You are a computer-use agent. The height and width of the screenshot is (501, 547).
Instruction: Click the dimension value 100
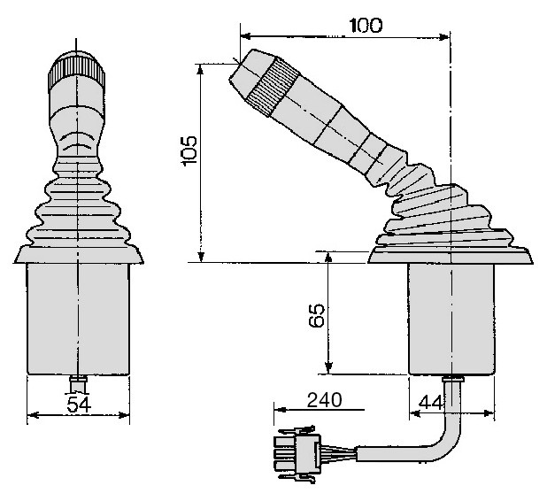coord(366,25)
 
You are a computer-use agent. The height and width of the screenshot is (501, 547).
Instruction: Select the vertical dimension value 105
coord(189,150)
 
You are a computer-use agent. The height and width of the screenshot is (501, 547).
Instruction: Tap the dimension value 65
coord(317,315)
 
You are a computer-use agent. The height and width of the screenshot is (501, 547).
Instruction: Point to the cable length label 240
coord(325,400)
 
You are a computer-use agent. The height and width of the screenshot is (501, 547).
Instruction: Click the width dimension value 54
coord(79,405)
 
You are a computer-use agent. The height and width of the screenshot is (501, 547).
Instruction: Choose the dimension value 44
coord(431,402)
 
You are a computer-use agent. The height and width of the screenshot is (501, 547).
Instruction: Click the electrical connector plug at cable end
coord(298,454)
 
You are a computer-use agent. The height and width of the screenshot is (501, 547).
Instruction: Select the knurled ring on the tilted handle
coord(273,87)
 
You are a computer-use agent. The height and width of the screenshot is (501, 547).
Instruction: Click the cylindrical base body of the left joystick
coord(78,320)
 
